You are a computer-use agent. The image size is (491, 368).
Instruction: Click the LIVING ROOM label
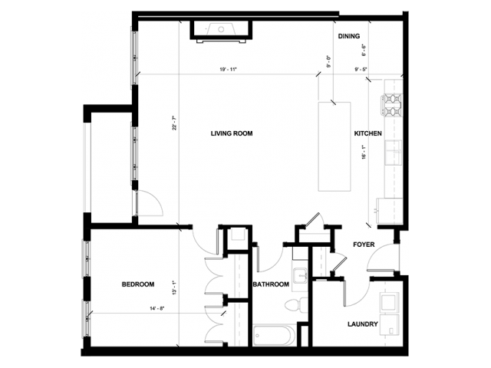232,133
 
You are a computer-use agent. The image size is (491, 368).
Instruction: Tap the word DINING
349,36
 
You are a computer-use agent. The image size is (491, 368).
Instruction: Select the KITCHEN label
367,133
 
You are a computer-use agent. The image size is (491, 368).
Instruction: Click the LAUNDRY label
362,324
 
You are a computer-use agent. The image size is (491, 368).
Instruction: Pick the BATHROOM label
271,284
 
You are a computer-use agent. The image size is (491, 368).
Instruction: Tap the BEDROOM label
138,284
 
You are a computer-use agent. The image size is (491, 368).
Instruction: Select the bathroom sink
299,277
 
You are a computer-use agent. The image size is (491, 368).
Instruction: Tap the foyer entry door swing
381,261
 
